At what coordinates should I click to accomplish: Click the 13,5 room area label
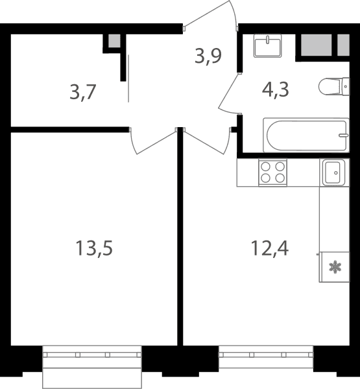click(94, 248)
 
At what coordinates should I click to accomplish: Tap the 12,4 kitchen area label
click(270, 248)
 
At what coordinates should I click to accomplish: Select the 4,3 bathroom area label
click(276, 89)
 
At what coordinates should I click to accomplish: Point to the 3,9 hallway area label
click(208, 56)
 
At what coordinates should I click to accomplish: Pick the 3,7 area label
click(83, 92)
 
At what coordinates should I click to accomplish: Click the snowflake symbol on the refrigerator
click(335, 267)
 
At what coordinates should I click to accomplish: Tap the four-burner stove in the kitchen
click(272, 172)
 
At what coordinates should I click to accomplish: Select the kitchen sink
click(334, 172)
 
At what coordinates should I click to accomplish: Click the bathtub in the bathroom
click(306, 136)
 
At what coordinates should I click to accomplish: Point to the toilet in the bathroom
click(334, 86)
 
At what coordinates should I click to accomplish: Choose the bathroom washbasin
click(267, 46)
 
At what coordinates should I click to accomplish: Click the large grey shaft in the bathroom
click(317, 45)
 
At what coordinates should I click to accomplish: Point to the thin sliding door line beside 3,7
click(128, 78)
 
